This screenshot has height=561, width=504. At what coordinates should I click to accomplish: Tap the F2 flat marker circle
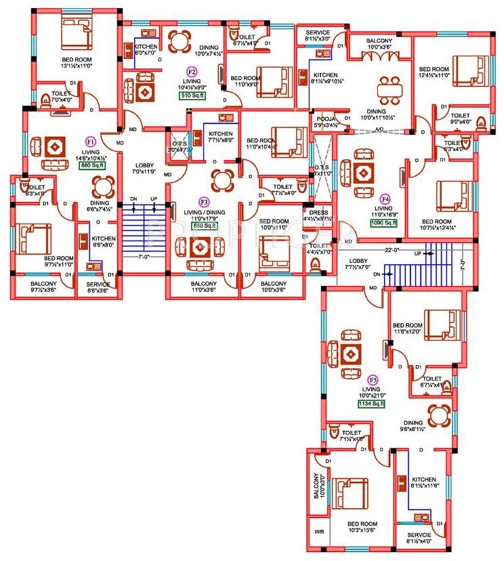(x=192, y=70)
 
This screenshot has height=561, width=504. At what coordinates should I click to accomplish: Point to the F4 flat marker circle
(x=385, y=199)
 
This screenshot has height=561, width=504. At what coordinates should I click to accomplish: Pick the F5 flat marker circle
(x=372, y=379)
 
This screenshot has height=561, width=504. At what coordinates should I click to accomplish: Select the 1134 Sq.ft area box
(x=371, y=404)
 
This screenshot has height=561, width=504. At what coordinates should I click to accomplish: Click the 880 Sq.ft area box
(x=91, y=165)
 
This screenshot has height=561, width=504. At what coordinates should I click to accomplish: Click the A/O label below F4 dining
(x=379, y=129)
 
